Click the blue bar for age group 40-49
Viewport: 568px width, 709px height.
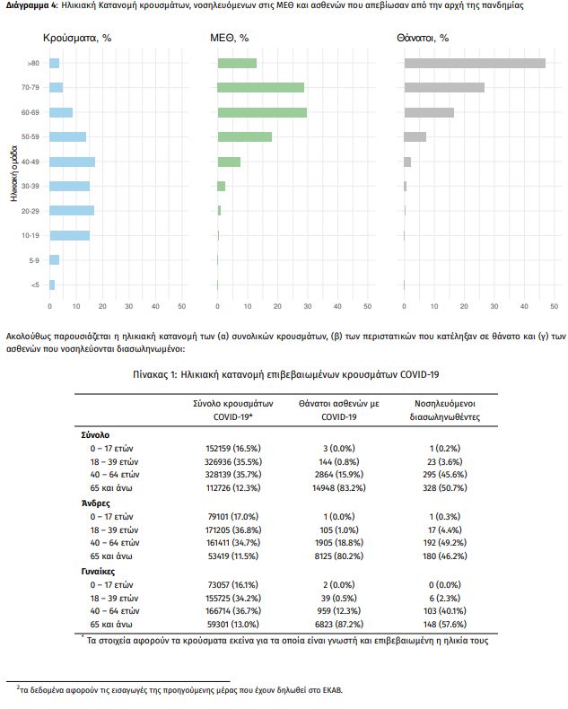tap(73, 162)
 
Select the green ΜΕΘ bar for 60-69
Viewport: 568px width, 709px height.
tap(262, 112)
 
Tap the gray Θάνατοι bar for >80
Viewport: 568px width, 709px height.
tap(475, 64)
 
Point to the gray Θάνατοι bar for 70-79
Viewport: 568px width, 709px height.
tap(444, 87)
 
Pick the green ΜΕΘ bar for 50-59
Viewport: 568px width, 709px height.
tap(245, 136)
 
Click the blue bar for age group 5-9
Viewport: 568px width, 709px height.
tap(54, 259)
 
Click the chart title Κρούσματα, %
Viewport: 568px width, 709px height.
tap(77, 38)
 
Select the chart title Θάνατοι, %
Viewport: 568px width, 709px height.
tap(423, 38)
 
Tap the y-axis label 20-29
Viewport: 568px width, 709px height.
tap(31, 211)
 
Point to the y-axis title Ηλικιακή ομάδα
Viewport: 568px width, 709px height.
tap(14, 173)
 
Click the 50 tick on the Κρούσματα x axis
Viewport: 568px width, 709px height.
tap(182, 306)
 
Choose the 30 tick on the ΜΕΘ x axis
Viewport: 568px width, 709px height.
tap(308, 306)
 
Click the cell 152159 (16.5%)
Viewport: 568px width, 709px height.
tap(233, 449)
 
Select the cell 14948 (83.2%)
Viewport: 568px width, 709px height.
tap(339, 488)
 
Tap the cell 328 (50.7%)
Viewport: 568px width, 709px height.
tap(445, 488)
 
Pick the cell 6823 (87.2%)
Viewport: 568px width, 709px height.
tap(339, 625)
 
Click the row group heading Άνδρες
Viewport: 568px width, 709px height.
tap(96, 503)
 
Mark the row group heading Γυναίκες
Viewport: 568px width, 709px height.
tap(98, 572)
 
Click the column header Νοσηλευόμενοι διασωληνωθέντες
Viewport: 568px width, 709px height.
tap(445, 410)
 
